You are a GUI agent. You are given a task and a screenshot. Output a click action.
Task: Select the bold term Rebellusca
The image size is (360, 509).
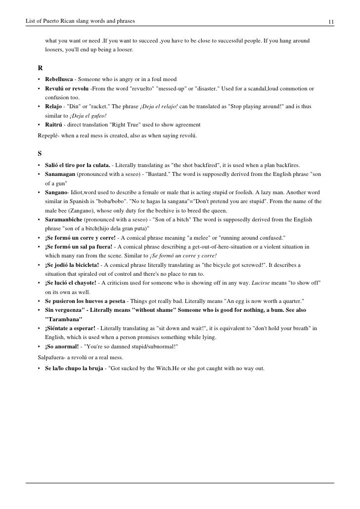pyautogui.click(x=59, y=80)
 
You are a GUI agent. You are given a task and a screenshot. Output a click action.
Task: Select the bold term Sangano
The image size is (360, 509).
pyautogui.click(x=55, y=192)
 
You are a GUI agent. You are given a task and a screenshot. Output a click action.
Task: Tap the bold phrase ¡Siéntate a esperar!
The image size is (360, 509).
pyautogui.click(x=70, y=328)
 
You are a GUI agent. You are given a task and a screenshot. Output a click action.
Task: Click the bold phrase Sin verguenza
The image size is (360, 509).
pyautogui.click(x=65, y=310)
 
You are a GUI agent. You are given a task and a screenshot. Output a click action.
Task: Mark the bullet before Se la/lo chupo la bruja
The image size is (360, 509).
pyautogui.click(x=39, y=368)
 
